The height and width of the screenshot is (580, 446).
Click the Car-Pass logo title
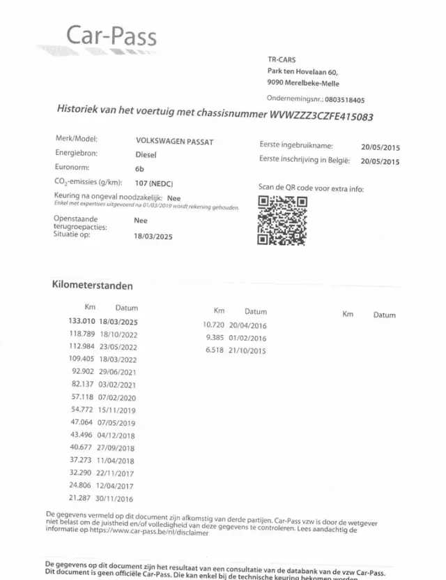(x=111, y=36)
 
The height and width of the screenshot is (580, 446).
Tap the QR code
(x=282, y=220)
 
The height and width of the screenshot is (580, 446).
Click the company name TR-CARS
(x=282, y=60)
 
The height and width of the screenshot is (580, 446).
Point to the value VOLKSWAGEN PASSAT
(x=174, y=142)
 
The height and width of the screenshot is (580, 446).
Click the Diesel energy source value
(x=147, y=156)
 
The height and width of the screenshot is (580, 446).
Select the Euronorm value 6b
(x=139, y=169)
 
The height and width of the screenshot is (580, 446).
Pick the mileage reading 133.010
(x=81, y=321)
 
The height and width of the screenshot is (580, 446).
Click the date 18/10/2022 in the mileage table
(x=118, y=334)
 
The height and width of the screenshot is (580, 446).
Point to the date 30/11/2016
(x=116, y=498)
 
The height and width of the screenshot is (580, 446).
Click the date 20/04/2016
(x=247, y=325)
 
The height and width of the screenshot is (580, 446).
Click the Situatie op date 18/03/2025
(x=153, y=237)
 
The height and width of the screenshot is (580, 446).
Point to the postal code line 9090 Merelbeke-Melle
(x=303, y=83)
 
